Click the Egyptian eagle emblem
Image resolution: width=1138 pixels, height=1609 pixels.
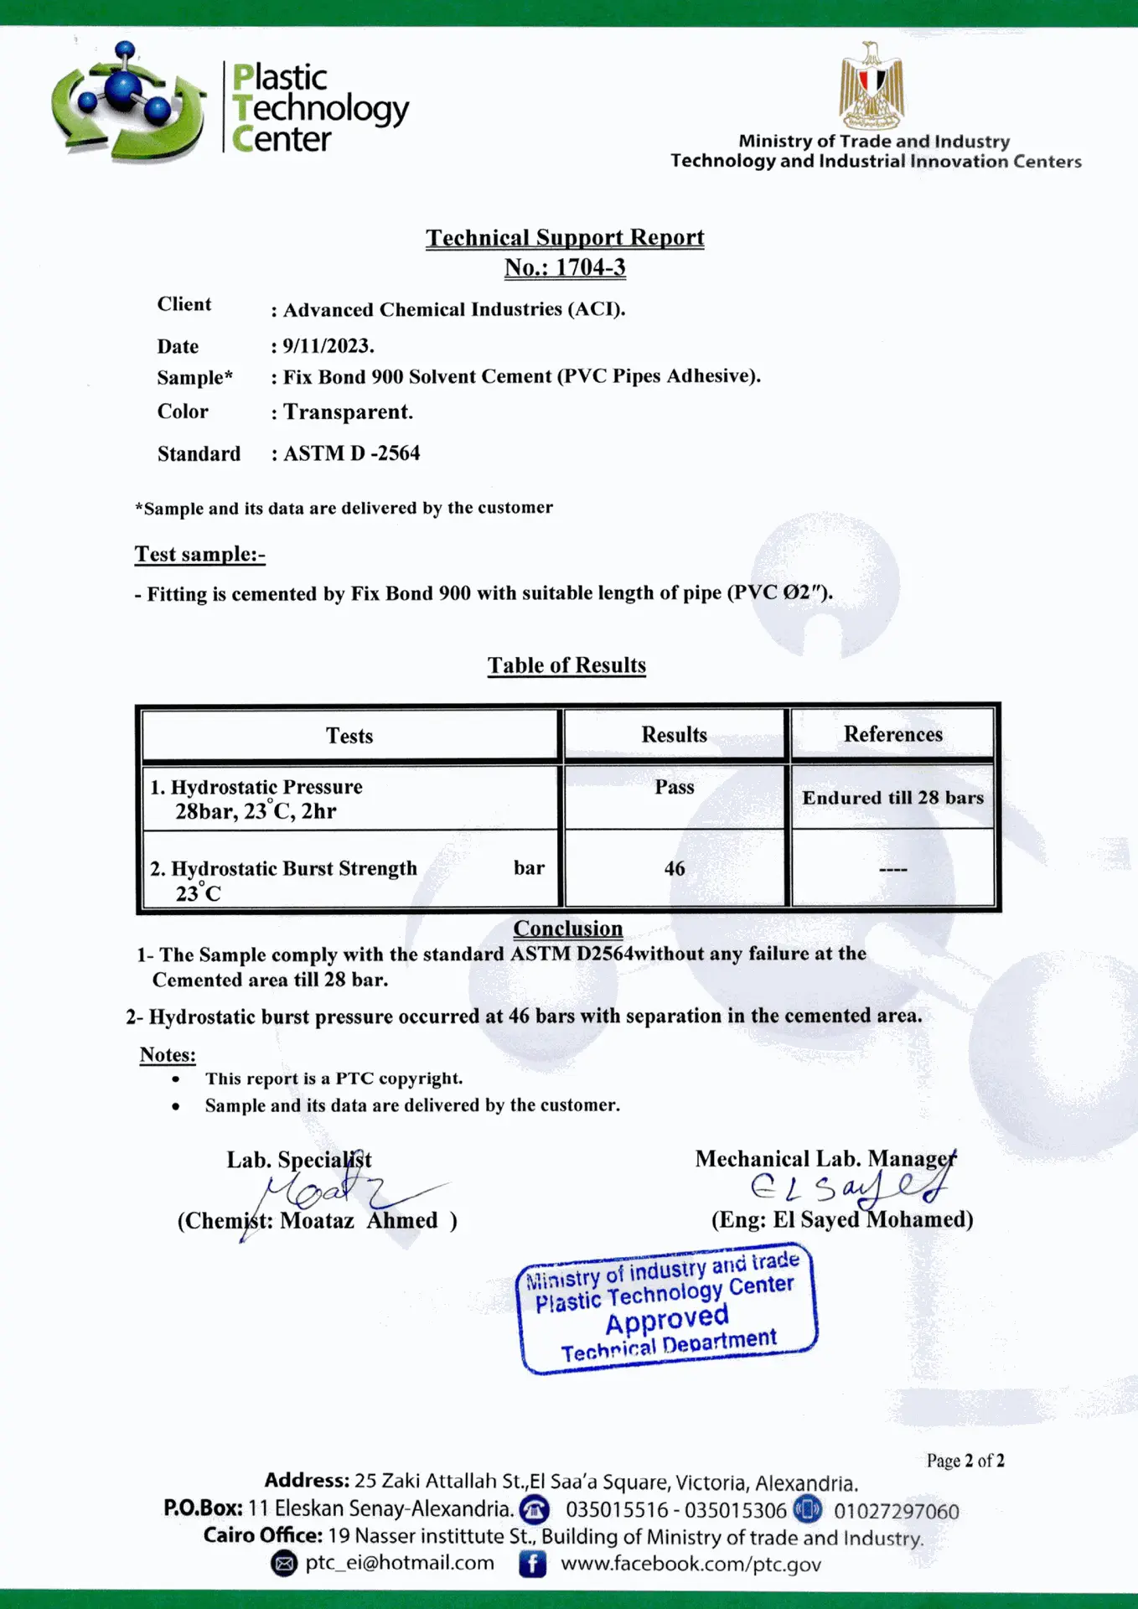872,85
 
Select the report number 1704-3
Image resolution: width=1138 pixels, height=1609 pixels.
590,267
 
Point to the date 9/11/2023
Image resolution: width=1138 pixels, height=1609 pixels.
328,345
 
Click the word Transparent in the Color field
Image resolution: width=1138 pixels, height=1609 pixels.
348,411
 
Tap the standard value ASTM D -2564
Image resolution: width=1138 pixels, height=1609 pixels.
351,453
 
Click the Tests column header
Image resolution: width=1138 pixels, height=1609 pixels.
349,736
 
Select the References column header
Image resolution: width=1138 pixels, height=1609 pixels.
892,734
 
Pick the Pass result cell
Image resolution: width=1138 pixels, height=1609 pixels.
675,787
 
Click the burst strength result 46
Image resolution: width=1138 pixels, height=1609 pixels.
675,868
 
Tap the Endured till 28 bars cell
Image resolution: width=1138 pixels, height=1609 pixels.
892,797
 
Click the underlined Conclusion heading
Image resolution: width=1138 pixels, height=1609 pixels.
568,929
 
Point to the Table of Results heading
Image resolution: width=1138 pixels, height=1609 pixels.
567,665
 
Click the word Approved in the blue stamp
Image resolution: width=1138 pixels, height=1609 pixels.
667,1320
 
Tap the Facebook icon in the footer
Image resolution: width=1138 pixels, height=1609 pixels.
532,1564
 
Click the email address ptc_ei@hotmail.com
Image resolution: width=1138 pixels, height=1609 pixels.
400,1563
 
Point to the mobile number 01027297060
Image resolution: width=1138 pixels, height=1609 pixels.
896,1511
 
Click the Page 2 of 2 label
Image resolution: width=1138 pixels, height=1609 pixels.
965,1461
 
